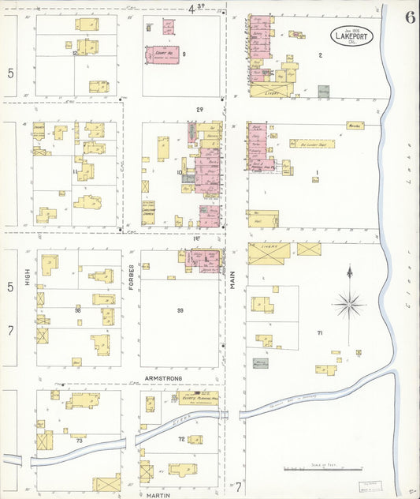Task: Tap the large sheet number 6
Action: pos(410,17)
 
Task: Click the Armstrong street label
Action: pos(163,379)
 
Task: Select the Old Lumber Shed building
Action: pos(313,144)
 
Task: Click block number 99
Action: pos(180,311)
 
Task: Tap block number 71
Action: pos(320,334)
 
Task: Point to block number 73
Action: pos(79,440)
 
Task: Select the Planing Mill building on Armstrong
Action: pos(197,400)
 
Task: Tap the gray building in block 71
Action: pos(260,364)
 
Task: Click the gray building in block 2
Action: pos(323,92)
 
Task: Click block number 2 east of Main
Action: pos(320,54)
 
